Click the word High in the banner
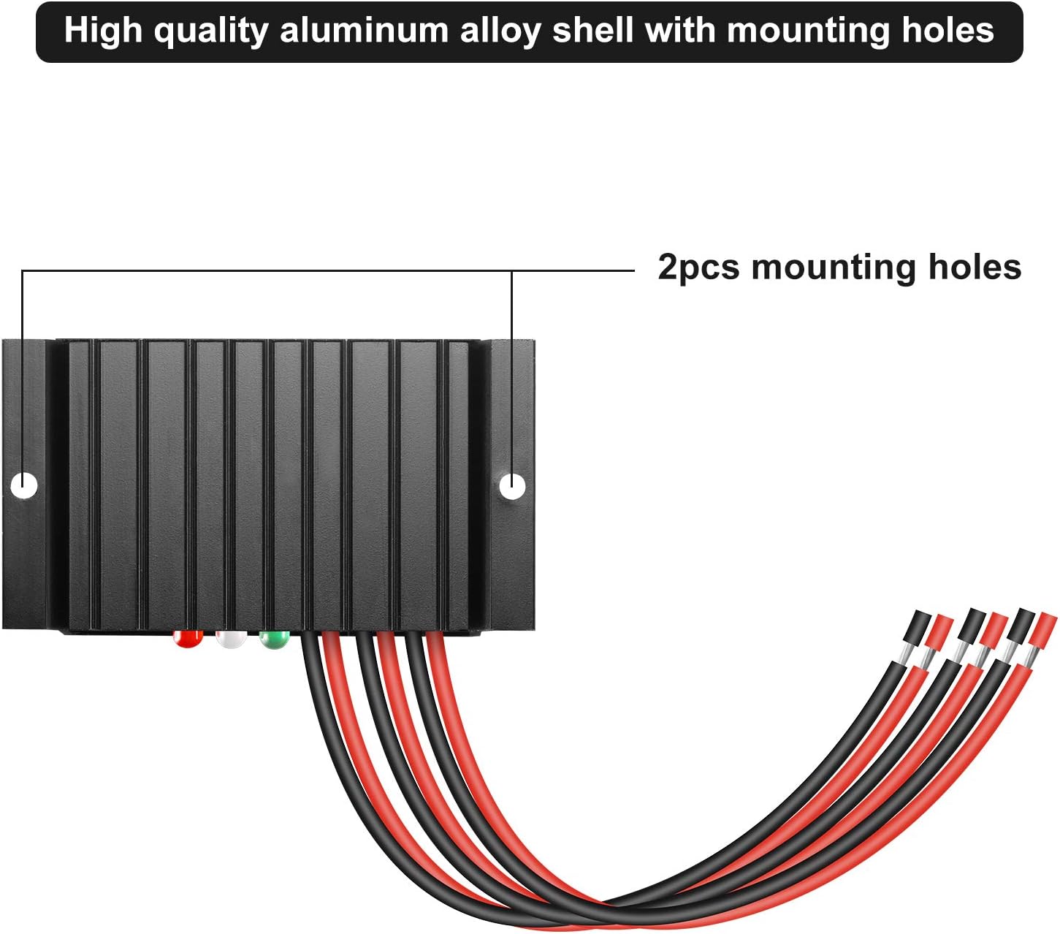tap(104, 31)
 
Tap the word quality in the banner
tap(212, 31)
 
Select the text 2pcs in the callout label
tap(698, 267)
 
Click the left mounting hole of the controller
tap(26, 484)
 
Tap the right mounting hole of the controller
tap(512, 485)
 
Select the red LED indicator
tap(188, 639)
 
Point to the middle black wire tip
tap(973, 623)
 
